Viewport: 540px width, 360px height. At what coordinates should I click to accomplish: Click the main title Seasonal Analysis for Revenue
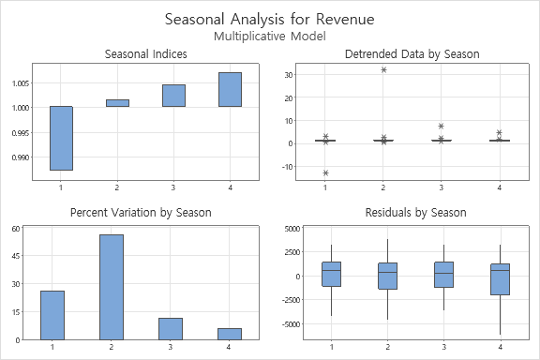point(270,19)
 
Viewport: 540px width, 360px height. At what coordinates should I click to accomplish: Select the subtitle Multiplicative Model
point(270,36)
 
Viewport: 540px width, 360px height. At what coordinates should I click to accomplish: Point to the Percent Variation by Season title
point(141,213)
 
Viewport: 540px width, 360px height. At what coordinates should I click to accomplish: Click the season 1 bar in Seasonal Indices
point(61,138)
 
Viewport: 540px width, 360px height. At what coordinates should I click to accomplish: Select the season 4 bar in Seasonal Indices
point(230,89)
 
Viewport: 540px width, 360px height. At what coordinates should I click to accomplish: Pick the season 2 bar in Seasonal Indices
point(117,103)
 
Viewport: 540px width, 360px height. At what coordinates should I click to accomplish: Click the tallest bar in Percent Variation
point(112,287)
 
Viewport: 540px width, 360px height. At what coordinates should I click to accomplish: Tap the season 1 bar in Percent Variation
point(52,315)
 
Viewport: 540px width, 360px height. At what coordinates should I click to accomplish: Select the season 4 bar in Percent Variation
point(230,334)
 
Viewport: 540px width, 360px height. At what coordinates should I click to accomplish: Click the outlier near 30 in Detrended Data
point(383,70)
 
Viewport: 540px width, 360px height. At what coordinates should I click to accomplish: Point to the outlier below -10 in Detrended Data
point(325,173)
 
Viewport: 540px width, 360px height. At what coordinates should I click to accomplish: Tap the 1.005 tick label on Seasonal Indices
point(15,83)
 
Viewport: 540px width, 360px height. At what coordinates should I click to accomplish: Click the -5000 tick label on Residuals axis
point(285,324)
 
